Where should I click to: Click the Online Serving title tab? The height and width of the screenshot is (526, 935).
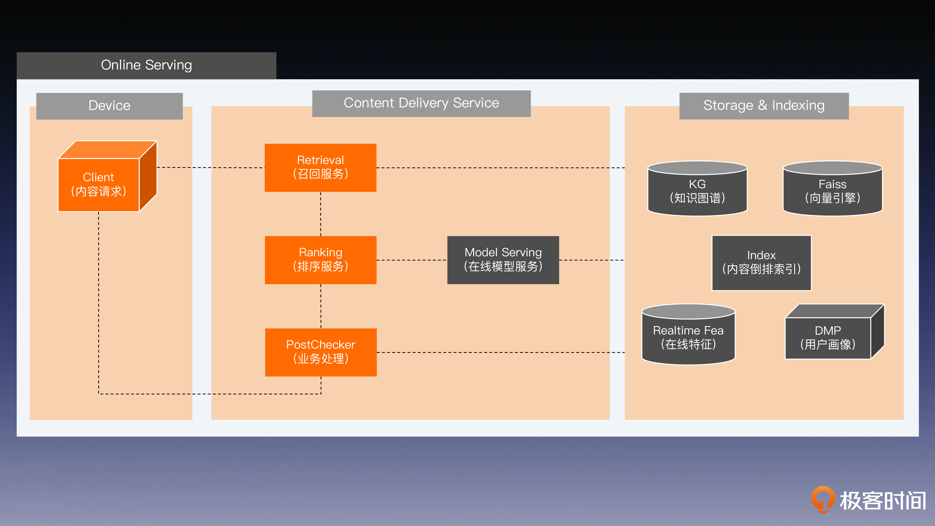coord(146,65)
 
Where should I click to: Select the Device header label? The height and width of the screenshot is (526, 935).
coord(109,106)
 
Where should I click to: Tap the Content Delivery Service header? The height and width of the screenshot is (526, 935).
coord(421,104)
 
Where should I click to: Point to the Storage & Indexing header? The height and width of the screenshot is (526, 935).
coord(764,106)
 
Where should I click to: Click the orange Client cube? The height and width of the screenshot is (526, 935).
coord(99,184)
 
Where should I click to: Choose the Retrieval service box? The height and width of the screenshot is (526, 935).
coord(321,167)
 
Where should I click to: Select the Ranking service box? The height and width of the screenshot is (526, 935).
coord(321,260)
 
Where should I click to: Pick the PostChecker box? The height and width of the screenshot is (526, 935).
coord(321,352)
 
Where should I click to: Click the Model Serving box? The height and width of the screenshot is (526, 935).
coord(503,260)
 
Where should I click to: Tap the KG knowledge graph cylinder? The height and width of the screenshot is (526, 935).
coord(697,191)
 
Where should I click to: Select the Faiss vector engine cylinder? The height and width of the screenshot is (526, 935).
coord(832,191)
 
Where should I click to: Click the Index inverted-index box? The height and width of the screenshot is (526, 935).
coord(761,263)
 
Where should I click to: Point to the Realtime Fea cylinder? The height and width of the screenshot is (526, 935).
coord(688,337)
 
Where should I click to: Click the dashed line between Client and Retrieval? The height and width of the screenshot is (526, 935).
coord(210,168)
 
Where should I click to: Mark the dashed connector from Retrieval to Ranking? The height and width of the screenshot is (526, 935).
coord(321,214)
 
